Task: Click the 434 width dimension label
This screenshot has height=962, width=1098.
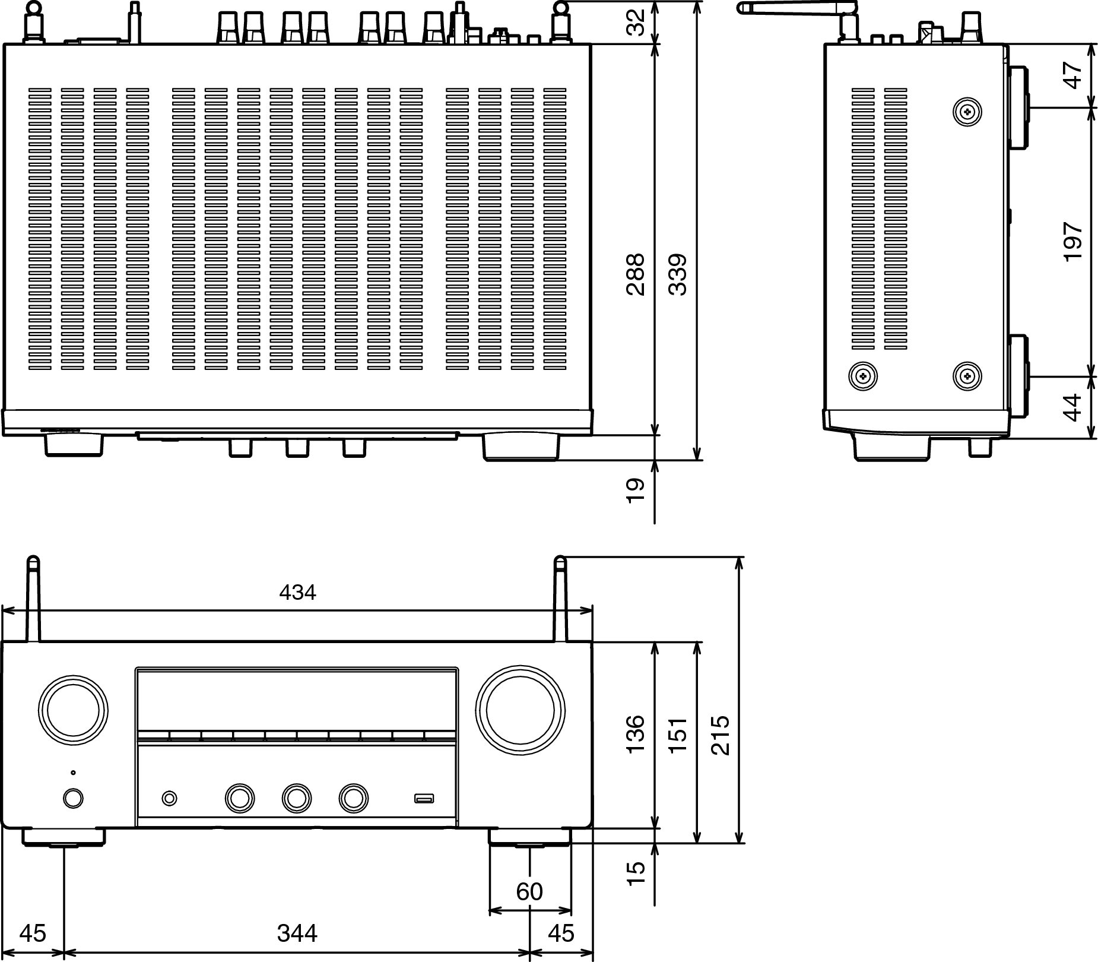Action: [x=297, y=592]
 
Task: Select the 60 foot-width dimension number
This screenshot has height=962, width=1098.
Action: [x=529, y=892]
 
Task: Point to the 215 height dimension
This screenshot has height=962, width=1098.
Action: [x=720, y=735]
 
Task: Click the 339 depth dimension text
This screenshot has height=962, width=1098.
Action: [x=678, y=274]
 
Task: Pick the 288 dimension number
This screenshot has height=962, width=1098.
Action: [x=635, y=274]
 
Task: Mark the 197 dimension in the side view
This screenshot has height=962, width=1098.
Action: [x=1073, y=242]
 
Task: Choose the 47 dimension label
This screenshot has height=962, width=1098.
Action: [x=1073, y=75]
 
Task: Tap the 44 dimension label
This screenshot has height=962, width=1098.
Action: [x=1073, y=407]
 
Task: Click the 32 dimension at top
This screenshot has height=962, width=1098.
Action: [x=635, y=23]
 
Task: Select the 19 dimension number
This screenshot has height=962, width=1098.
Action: [x=635, y=491]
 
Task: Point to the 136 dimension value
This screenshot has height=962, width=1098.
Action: [x=635, y=735]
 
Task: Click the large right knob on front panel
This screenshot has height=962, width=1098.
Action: [x=521, y=710]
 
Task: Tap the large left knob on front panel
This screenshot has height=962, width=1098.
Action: [x=73, y=710]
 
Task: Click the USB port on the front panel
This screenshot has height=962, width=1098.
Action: [x=424, y=798]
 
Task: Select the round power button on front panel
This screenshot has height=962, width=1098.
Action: [x=73, y=798]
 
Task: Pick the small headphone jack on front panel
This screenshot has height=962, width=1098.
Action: [x=169, y=798]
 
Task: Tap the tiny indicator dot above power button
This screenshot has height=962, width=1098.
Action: [x=73, y=773]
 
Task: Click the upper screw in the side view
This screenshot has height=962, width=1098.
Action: [x=967, y=111]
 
